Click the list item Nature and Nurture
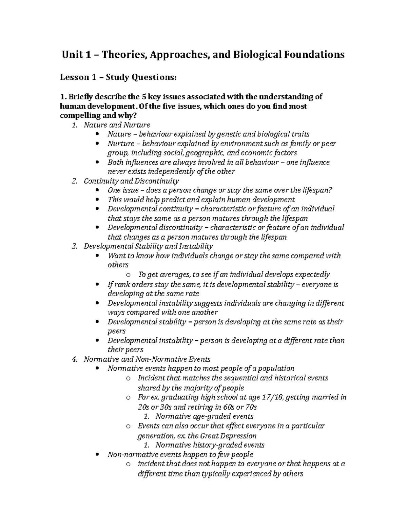point(117,125)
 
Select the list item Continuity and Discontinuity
point(131,181)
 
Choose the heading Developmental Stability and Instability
point(148,246)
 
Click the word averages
point(174,274)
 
